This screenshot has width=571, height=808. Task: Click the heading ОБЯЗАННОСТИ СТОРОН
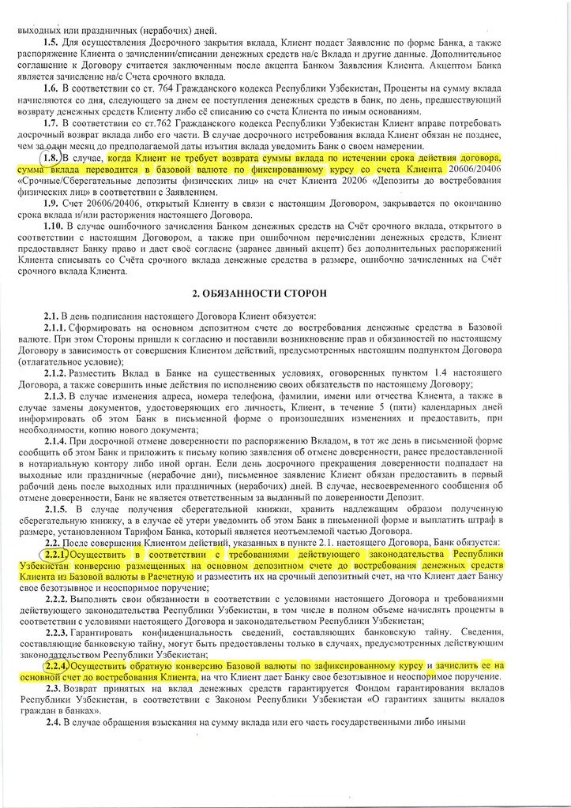click(x=285, y=293)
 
